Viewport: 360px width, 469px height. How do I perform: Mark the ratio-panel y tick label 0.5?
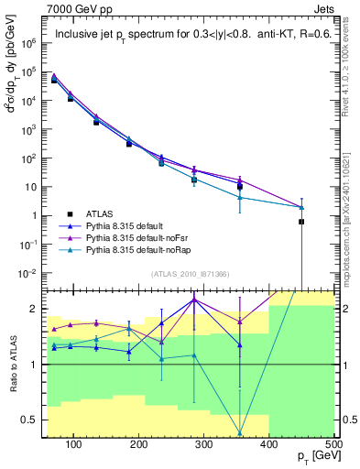33,420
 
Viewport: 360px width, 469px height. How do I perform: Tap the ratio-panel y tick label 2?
37,309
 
